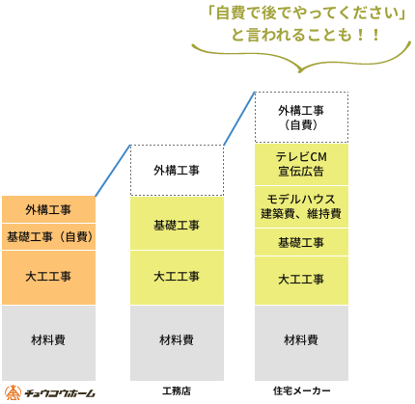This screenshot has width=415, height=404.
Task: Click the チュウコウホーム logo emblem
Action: [13, 392]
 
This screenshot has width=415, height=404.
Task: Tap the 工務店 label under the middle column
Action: [177, 391]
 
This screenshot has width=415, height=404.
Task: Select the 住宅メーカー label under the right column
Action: [301, 391]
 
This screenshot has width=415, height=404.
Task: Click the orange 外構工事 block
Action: [48, 209]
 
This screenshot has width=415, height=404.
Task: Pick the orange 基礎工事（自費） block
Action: [48, 237]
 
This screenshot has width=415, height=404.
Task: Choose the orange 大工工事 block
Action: [48, 278]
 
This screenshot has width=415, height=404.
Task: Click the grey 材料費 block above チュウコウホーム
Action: [48, 343]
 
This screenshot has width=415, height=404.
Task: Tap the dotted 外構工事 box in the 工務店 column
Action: [177, 171]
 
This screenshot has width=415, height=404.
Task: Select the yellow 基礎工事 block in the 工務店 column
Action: [177, 224]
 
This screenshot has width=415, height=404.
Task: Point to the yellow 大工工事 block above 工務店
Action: [177, 278]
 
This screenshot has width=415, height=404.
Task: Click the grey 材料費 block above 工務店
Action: [177, 343]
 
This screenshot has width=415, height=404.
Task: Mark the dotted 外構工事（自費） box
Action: [301, 117]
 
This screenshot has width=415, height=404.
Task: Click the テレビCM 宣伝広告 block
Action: [301, 164]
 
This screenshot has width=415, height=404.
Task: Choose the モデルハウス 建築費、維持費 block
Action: [301, 207]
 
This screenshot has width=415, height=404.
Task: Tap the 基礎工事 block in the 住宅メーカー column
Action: [301, 242]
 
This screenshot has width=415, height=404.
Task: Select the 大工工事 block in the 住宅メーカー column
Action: [301, 281]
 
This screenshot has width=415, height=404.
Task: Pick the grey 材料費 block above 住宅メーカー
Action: [301, 343]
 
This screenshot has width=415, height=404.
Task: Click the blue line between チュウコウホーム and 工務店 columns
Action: [113, 171]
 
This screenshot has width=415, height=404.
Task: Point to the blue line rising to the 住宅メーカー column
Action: [239, 119]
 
